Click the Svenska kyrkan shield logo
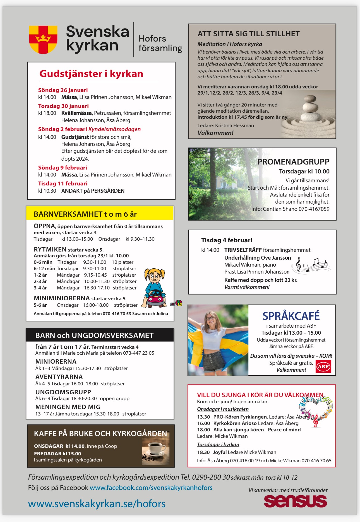(43, 39)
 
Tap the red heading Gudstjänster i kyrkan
(91, 74)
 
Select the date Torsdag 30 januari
(63, 106)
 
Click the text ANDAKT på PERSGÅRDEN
(93, 191)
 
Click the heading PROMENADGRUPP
(293, 162)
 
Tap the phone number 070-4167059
(314, 209)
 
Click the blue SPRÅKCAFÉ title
(291, 316)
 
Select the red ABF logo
(323, 366)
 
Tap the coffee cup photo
(156, 450)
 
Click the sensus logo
(295, 501)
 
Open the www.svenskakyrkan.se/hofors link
(97, 504)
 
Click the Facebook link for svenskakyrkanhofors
(151, 488)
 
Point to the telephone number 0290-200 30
(211, 477)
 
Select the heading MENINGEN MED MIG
(68, 407)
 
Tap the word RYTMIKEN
(50, 249)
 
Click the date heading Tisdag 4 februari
(227, 240)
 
